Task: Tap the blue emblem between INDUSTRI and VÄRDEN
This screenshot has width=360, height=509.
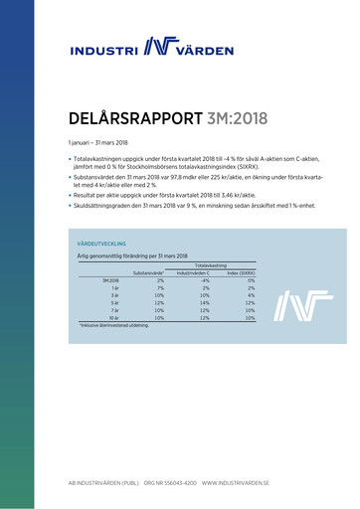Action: click(x=156, y=46)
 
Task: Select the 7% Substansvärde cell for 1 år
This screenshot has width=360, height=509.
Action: click(x=159, y=288)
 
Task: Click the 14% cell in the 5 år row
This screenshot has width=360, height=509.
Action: click(x=204, y=303)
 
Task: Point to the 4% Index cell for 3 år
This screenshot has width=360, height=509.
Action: click(x=252, y=295)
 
